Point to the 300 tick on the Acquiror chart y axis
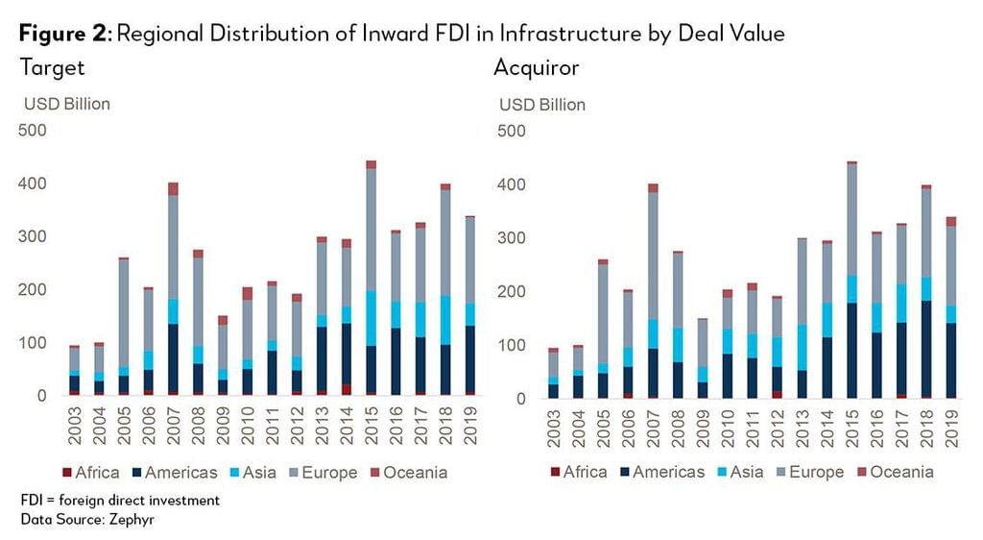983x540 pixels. (x=513, y=238)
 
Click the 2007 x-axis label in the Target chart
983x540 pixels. (x=174, y=425)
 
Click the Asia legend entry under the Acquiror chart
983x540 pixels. (x=746, y=472)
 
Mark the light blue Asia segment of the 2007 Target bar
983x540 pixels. (x=174, y=311)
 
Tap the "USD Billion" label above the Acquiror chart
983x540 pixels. (x=541, y=105)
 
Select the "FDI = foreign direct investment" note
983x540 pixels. (x=120, y=501)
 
